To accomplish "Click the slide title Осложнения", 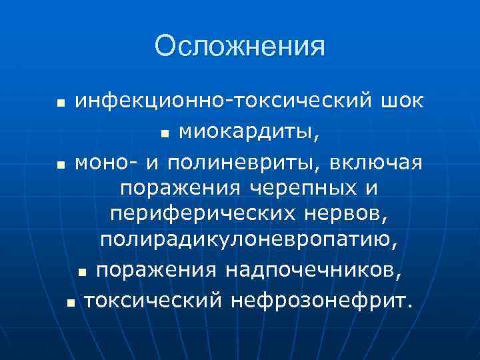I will [x=240, y=46].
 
